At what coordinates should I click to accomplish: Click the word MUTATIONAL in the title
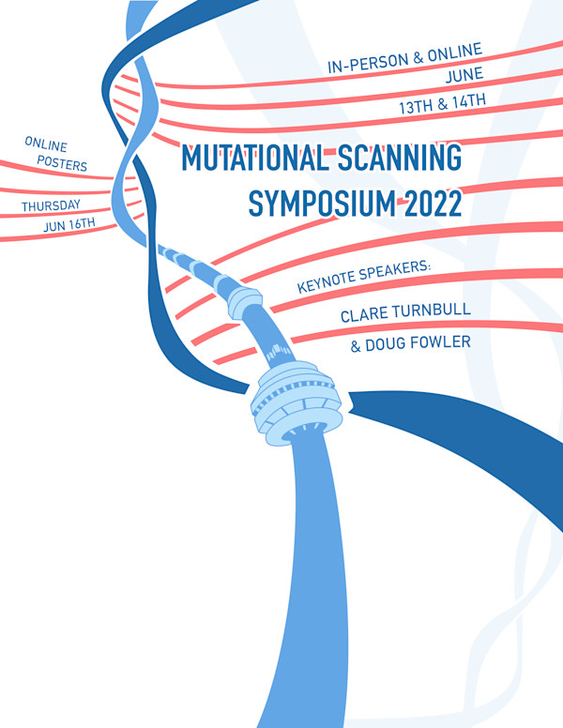[x=254, y=158]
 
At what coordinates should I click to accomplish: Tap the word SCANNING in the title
[x=400, y=157]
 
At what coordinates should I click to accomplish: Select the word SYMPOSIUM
[x=323, y=204]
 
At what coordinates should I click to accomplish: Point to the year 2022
[x=433, y=203]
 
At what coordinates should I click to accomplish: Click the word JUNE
[x=464, y=75]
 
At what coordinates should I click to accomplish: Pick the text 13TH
[x=416, y=107]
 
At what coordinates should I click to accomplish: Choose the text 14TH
[x=469, y=101]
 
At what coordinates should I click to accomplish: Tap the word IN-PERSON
[x=368, y=63]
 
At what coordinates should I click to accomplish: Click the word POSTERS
[x=62, y=163]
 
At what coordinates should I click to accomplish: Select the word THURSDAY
[x=51, y=205]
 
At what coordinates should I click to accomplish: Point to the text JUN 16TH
[x=69, y=225]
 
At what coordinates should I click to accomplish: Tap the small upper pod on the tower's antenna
[x=243, y=303]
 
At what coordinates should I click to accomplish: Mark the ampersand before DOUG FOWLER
[x=356, y=346]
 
